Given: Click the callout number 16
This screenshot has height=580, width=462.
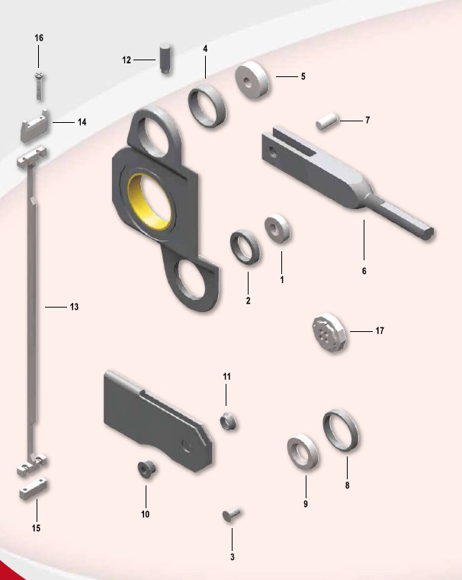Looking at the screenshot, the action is tap(39, 38).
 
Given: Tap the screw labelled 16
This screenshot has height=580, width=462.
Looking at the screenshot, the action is tap(39, 86).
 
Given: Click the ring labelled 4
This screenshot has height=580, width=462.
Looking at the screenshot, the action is tap(207, 106).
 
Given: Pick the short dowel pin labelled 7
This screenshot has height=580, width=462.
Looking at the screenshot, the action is tap(327, 121).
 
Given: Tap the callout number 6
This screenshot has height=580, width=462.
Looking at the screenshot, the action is tap(364, 271).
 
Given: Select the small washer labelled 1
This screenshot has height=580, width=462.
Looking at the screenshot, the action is tap(278, 229).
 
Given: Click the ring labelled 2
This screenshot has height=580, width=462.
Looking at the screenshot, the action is tap(245, 247).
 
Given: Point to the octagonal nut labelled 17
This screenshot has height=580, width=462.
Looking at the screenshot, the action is tap(329, 333).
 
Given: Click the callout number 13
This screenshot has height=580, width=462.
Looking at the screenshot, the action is tap(74, 307).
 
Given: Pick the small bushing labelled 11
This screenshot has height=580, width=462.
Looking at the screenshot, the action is tap(229, 422).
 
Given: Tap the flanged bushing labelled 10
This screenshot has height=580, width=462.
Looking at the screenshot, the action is tap(146, 469).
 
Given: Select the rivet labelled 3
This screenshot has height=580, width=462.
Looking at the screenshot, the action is tap(232, 514).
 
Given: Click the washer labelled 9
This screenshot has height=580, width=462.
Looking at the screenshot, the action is tap(303, 452).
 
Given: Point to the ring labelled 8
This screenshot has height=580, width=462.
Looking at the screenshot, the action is tap(341, 430).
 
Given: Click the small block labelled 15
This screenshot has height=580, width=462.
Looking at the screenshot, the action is tap(34, 488).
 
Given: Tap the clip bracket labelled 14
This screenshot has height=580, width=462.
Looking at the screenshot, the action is tap(35, 127).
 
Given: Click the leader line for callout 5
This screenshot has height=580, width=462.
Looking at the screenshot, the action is tap(287, 76).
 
